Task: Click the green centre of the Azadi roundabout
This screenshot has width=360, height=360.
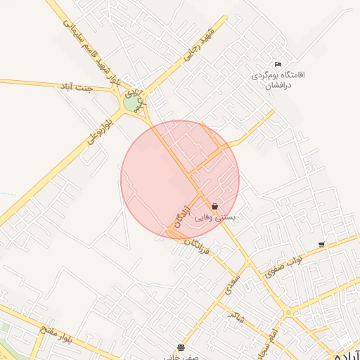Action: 131,103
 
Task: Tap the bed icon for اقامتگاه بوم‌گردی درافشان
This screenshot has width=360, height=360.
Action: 278,64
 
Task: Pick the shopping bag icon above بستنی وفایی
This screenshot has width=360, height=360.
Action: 214,207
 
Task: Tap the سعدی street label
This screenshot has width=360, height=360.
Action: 233,283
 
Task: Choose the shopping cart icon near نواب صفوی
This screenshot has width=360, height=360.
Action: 321,245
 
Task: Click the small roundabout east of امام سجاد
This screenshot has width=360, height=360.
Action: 288,312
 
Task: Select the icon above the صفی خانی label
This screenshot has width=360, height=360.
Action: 181,347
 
